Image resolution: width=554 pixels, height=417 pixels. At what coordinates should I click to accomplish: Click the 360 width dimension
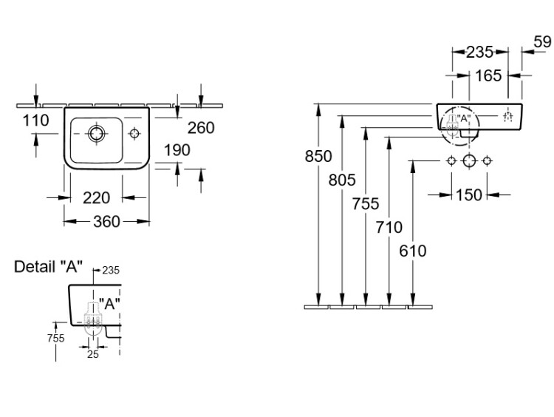pyautogui.click(x=107, y=221)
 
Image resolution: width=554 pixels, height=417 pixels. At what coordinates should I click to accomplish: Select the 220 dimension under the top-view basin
pyautogui.click(x=96, y=197)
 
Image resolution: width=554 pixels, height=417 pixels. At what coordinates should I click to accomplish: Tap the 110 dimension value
pyautogui.click(x=35, y=121)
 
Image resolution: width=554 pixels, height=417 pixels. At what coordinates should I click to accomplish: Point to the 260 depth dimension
pyautogui.click(x=200, y=128)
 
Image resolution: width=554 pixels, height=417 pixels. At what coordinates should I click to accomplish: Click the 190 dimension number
pyautogui.click(x=177, y=150)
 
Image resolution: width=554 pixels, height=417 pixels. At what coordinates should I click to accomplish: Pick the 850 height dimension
pyautogui.click(x=318, y=156)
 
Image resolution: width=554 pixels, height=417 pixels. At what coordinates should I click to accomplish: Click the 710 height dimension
pyautogui.click(x=389, y=228)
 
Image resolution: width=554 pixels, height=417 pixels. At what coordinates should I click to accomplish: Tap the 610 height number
pyautogui.click(x=413, y=251)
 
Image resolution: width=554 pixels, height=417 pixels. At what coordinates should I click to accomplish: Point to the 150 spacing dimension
pyautogui.click(x=468, y=194)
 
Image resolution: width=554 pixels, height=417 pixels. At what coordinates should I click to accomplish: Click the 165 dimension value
pyautogui.click(x=488, y=75)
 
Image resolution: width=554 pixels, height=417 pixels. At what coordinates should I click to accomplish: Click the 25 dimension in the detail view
pyautogui.click(x=92, y=353)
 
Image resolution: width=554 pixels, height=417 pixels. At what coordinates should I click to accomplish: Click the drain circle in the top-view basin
pyautogui.click(x=96, y=134)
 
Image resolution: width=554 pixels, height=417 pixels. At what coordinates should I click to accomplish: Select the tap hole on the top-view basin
pyautogui.click(x=135, y=134)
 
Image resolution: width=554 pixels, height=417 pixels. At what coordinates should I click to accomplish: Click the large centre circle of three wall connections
pyautogui.click(x=468, y=161)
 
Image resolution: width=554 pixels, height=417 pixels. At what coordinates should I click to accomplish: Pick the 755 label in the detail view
pyautogui.click(x=55, y=338)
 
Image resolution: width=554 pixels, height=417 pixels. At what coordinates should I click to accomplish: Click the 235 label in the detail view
pyautogui.click(x=112, y=270)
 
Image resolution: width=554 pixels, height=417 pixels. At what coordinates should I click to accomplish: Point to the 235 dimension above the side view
pyautogui.click(x=479, y=52)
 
